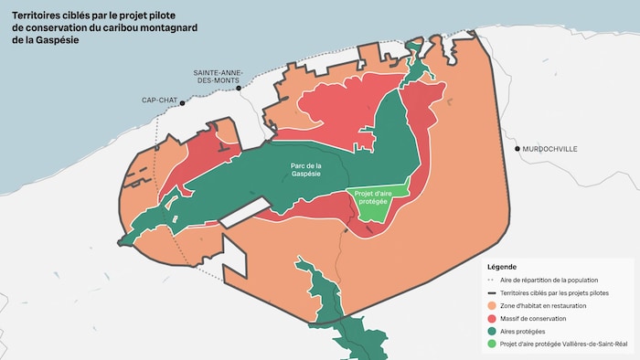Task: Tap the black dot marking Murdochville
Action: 517,148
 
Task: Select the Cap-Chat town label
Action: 160,101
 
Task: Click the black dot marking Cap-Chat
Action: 183,103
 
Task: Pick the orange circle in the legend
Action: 493,305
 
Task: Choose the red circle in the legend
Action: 493,318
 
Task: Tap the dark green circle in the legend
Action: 493,331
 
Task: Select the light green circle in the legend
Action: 493,344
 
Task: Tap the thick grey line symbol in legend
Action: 493,292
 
